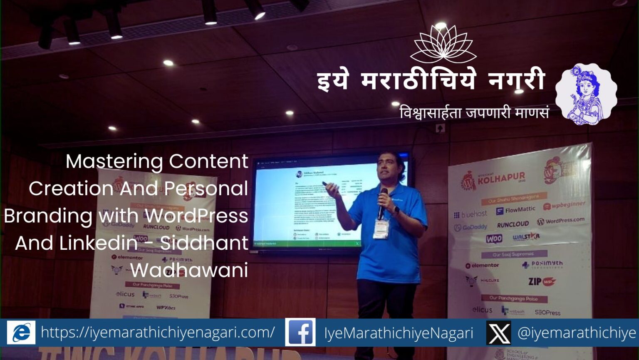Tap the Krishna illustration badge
pyautogui.click(x=586, y=94)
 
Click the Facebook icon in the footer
pyautogui.click(x=300, y=332)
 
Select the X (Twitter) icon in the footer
pyautogui.click(x=498, y=333)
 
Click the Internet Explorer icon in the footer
pyautogui.click(x=21, y=333)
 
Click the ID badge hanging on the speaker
pyautogui.click(x=381, y=229)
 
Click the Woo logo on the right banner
pyautogui.click(x=494, y=239)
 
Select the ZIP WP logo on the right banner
pyautogui.click(x=542, y=282)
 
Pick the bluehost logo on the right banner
pyautogui.click(x=471, y=214)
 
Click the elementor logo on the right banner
pyautogui.click(x=482, y=265)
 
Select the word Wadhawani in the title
pyautogui.click(x=189, y=270)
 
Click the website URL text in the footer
pyautogui.click(x=158, y=333)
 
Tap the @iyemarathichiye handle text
pyautogui.click(x=577, y=333)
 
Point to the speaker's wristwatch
pyautogui.click(x=396, y=211)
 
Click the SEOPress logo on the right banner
pyautogui.click(x=547, y=312)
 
